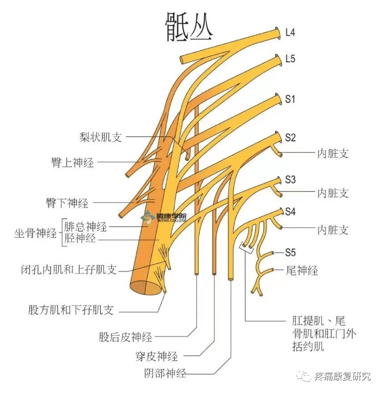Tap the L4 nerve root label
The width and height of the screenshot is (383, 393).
tap(291, 32)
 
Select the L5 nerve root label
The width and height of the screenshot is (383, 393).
tap(291, 59)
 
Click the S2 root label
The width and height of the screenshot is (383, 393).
tap(291, 138)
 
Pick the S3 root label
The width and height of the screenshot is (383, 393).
tap(291, 180)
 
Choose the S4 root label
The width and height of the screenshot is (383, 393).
tap(291, 211)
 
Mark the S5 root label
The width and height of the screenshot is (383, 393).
tap(291, 253)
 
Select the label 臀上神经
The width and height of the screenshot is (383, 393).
tap(73, 162)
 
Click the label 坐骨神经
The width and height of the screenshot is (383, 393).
tap(35, 233)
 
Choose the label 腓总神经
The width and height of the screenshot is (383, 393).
tap(86, 226)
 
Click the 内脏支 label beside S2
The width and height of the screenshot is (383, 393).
tap(332, 153)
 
